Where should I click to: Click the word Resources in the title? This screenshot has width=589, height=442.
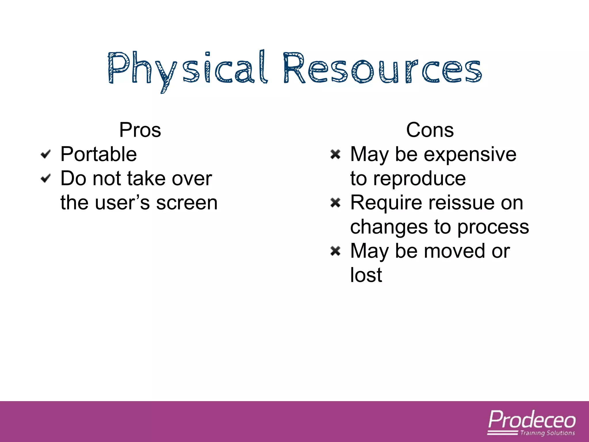click(x=383, y=69)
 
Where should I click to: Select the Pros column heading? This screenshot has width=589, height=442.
click(x=140, y=130)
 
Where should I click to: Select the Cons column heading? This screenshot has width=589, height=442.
click(x=430, y=130)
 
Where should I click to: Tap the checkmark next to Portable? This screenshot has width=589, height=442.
click(x=46, y=154)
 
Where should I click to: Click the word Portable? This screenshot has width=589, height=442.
click(x=98, y=154)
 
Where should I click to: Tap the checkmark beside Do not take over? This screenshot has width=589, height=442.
click(x=46, y=178)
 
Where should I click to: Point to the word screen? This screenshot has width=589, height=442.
click(x=187, y=203)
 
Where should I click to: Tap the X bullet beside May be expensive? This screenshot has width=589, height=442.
click(x=335, y=154)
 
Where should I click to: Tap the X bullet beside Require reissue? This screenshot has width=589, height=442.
click(x=335, y=203)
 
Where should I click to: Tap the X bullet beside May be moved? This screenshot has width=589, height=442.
click(x=335, y=251)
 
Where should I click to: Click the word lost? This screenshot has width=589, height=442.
click(x=366, y=275)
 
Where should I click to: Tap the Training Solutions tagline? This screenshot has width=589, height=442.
click(x=547, y=433)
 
